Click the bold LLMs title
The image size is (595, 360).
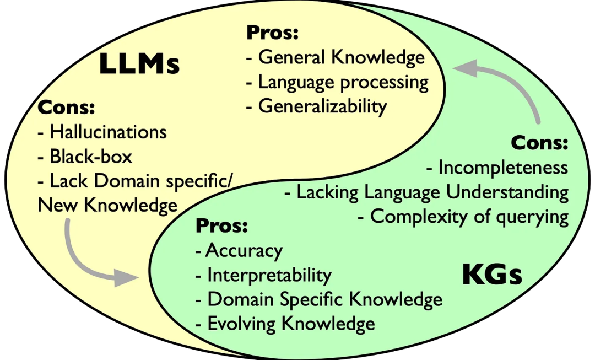click(139, 65)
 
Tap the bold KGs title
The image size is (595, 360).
click(492, 275)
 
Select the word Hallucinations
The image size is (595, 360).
click(108, 132)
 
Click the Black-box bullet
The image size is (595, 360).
click(91, 157)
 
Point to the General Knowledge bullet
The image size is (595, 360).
click(341, 57)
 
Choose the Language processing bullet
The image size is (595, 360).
click(343, 82)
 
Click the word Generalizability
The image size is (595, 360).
click(322, 106)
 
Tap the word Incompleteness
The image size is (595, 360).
click(502, 168)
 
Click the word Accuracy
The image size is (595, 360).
click(244, 250)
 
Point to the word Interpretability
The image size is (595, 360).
click(269, 275)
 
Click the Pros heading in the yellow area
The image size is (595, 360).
click(272, 33)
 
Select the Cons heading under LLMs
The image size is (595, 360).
click(66, 108)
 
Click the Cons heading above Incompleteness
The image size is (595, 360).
click(539, 143)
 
